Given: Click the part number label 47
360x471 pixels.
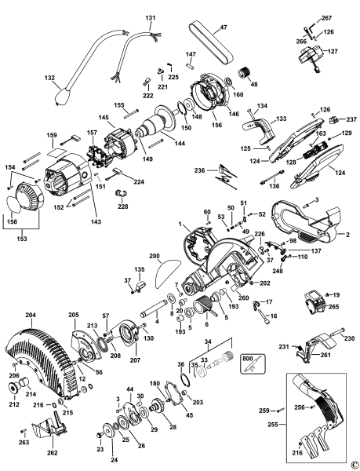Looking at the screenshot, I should click(x=224, y=27).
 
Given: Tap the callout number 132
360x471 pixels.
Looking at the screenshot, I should click(x=50, y=78).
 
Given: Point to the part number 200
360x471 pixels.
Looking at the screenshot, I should click(x=154, y=257).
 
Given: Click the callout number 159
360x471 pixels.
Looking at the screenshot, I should click(x=52, y=135).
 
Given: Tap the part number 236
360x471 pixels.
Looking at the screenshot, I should click(x=199, y=170).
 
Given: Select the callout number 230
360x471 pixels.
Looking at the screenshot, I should click(x=350, y=338).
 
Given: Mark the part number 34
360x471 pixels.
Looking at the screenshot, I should click(x=207, y=341).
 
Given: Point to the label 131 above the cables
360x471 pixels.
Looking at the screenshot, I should click(x=151, y=17).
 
